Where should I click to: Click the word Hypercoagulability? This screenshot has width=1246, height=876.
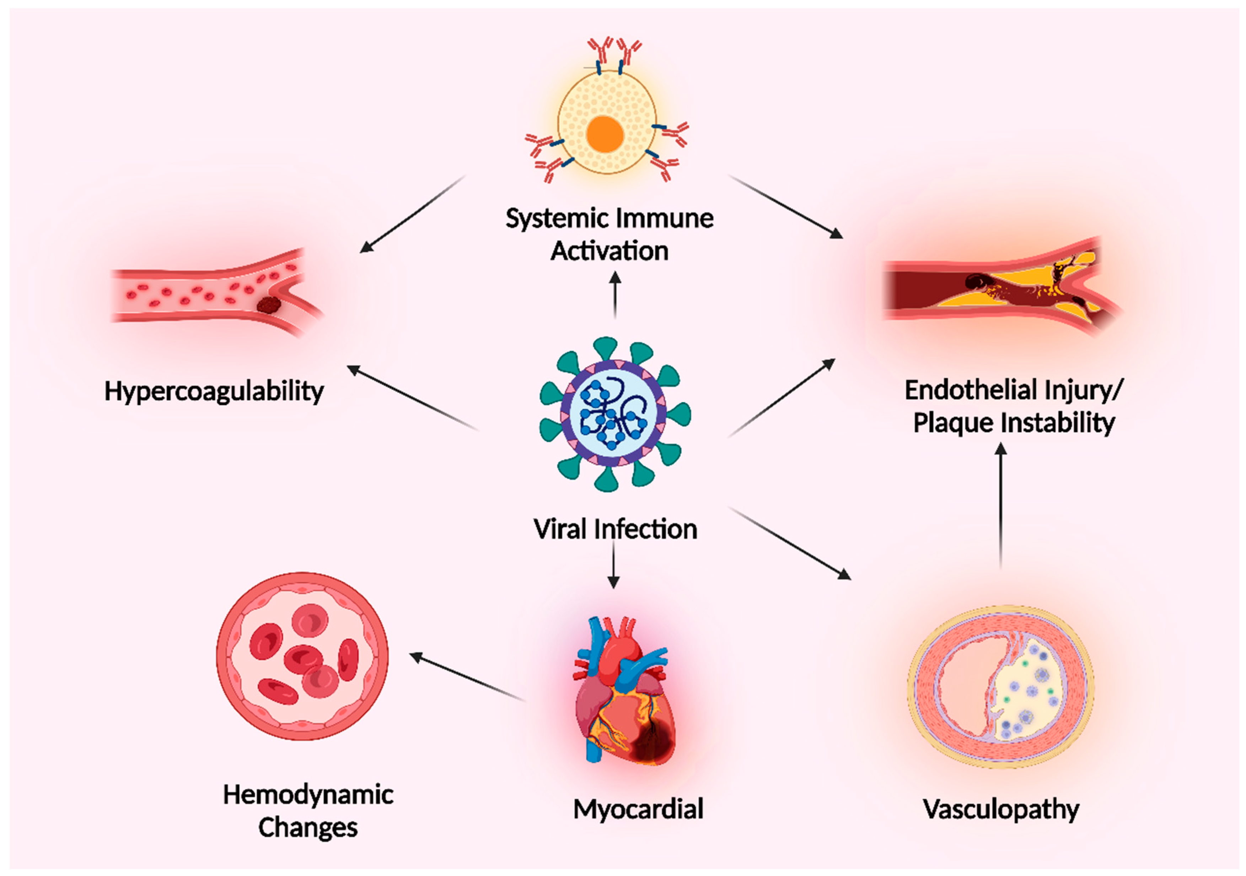[x=214, y=391]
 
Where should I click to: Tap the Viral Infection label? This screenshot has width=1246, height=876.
[x=615, y=529]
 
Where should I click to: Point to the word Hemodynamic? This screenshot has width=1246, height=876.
[x=308, y=795]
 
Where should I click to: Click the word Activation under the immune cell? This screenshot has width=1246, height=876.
[x=609, y=252]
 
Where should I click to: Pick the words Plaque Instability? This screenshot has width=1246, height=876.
[x=1014, y=423]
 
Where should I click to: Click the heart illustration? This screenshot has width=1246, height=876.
[x=624, y=694]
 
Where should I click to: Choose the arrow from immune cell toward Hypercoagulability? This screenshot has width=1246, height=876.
[x=413, y=214]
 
